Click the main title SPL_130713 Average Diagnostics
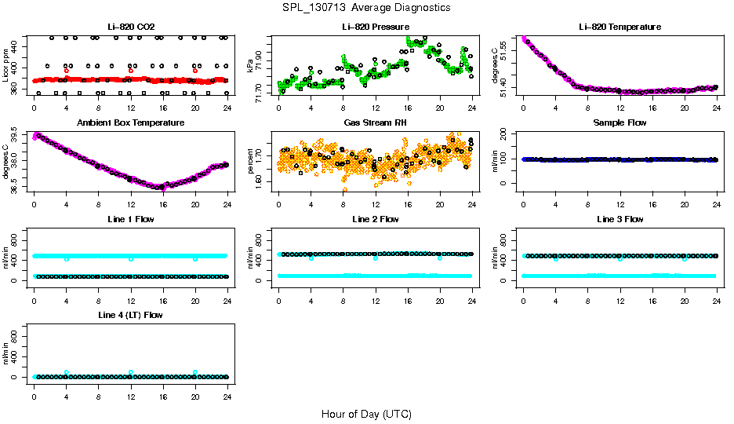point(367,7)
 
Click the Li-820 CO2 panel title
point(130,27)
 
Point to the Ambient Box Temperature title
point(130,123)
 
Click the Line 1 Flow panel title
point(130,219)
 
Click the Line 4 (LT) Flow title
point(130,315)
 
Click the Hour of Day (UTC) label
point(366,413)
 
